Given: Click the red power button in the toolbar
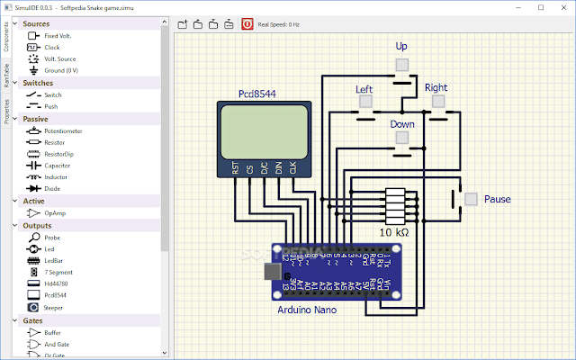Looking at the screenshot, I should click(247, 24).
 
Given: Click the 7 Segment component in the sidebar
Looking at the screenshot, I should click(58, 271).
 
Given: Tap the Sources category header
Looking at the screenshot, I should click(37, 23).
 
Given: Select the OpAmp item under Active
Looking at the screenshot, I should click(54, 212).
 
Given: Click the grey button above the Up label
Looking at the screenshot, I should click(402, 64).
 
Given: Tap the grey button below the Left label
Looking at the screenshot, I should click(364, 101).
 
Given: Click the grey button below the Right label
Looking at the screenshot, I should click(437, 101).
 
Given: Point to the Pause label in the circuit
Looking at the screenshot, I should click(498, 199).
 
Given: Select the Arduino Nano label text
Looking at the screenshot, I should click(307, 310).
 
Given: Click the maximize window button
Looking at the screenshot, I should click(540, 6).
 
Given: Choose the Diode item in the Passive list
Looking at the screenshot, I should click(53, 188).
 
